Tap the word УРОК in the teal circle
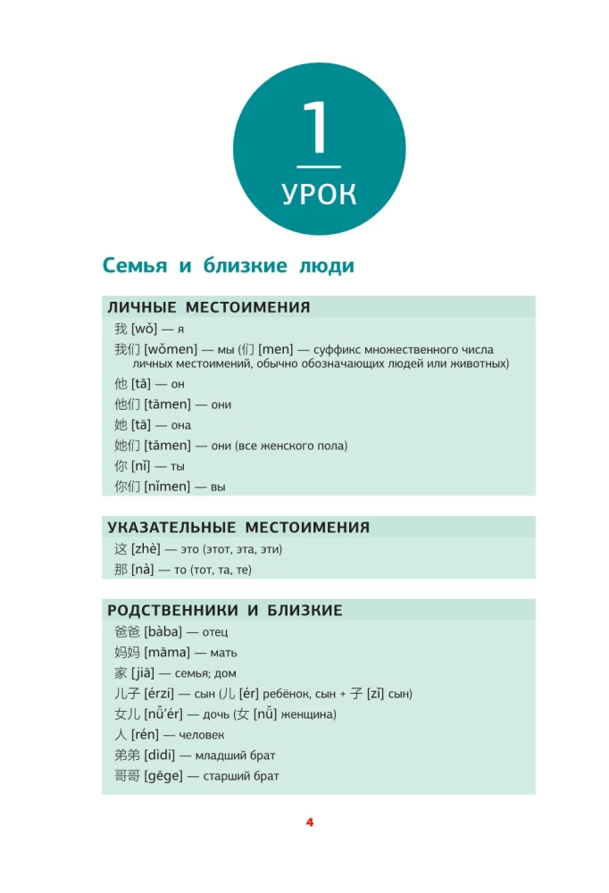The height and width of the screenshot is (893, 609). pyautogui.click(x=319, y=194)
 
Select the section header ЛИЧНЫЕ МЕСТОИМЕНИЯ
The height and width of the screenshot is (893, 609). pyautogui.click(x=209, y=307)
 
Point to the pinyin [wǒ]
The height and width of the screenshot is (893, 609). pyautogui.click(x=144, y=330)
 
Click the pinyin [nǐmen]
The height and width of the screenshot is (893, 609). pyautogui.click(x=167, y=487)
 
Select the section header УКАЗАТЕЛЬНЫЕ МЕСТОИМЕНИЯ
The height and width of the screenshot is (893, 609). pyautogui.click(x=238, y=528)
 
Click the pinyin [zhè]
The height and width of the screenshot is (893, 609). pyautogui.click(x=146, y=549)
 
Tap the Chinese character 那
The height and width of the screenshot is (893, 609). pyautogui.click(x=121, y=570)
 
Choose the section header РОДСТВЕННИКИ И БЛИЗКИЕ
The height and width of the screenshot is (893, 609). pyautogui.click(x=225, y=611)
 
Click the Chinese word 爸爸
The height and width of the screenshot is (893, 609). pyautogui.click(x=127, y=632)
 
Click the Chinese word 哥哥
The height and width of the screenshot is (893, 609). pyautogui.click(x=127, y=776)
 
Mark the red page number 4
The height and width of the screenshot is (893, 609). pyautogui.click(x=310, y=822)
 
